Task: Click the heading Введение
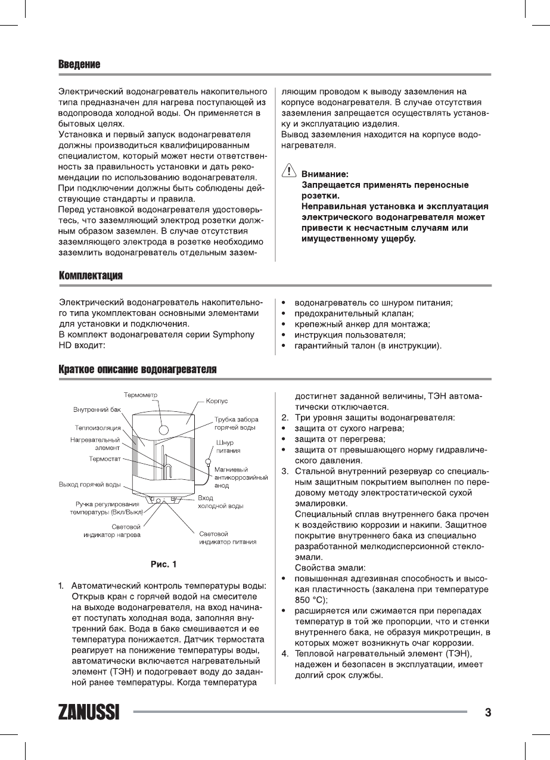coord(79,64)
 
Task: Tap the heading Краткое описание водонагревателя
coord(137,370)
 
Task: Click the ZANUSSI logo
coord(89,712)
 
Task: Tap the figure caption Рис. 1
coord(163,564)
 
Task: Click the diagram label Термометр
coord(141,395)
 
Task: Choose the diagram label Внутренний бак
coord(97,410)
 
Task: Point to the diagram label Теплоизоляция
coord(98,427)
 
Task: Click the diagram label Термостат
coord(105,459)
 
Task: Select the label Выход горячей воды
coord(90,483)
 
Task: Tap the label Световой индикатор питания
coord(228,538)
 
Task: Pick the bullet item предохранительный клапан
coord(355,314)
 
